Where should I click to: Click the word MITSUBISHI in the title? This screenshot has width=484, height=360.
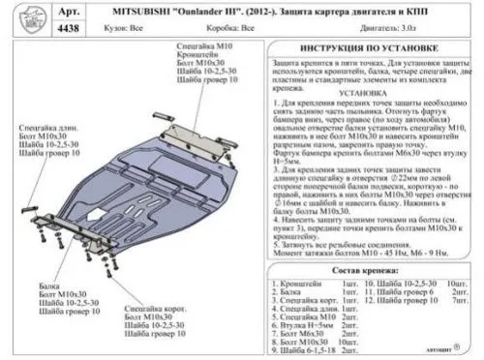(x=164, y=13)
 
